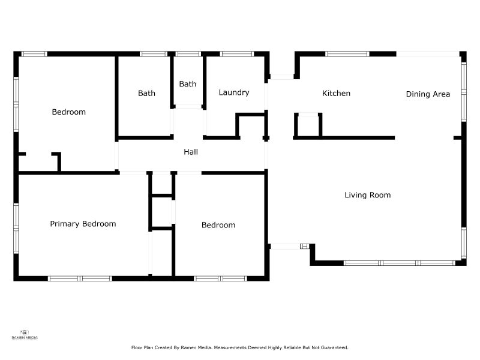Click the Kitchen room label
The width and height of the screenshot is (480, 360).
coord(336,93)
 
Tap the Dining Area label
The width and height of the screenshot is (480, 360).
coord(428,94)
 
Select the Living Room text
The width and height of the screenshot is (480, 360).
coord(367,195)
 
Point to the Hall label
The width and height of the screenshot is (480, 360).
coord(191,152)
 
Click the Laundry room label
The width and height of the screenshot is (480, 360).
coord(234,92)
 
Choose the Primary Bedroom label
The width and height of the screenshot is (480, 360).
coord(83,224)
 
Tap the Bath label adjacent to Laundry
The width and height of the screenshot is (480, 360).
coord(188,84)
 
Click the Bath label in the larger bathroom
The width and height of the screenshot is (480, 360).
coord(146,93)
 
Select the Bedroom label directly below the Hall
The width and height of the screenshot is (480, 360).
coord(218,225)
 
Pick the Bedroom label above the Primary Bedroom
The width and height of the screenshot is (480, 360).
coord(68,112)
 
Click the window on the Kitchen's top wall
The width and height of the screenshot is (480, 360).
coord(347,54)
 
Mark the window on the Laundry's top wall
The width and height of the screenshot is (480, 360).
coord(236,54)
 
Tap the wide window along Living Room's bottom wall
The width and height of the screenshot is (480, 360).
coord(399,263)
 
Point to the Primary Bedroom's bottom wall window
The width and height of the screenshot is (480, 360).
coord(80,278)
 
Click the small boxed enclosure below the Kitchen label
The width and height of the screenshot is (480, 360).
coord(308,125)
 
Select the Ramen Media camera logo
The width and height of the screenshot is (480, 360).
coord(25,332)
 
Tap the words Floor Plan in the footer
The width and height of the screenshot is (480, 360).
coord(142,347)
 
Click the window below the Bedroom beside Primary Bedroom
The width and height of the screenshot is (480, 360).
coord(220,278)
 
